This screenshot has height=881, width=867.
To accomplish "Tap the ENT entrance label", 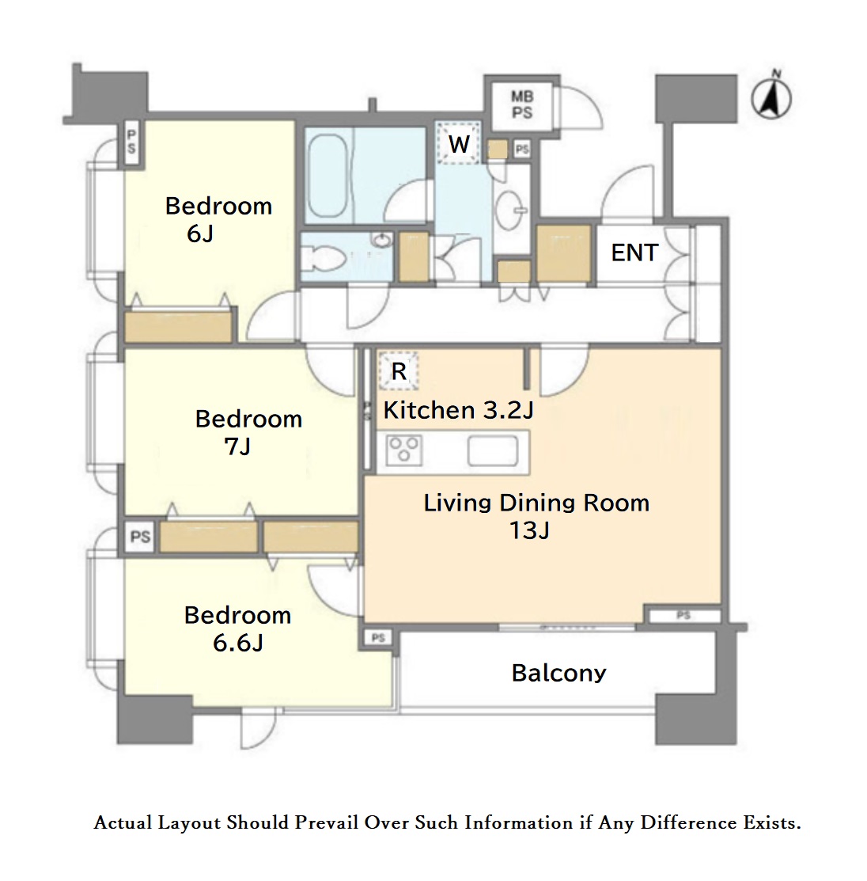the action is tap(634, 253).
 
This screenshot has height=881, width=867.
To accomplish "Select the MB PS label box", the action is tap(521, 105).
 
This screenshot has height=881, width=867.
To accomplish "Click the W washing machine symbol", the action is tap(458, 143).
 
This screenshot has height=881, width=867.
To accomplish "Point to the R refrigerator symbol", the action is tap(398, 370).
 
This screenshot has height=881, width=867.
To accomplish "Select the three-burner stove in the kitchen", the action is tap(404, 450).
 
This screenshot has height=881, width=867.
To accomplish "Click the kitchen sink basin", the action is tap(493, 450).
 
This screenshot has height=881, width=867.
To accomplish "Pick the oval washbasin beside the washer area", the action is tap(510, 210).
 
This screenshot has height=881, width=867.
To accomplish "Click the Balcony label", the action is tap(558, 673).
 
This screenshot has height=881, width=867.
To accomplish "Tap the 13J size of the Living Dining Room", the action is tap(529, 530).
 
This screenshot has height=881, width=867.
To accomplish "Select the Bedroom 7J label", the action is tap(248, 433).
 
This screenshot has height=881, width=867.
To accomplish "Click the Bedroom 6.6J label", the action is tap(237, 629).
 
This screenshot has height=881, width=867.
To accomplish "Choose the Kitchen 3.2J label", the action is tap(458, 410).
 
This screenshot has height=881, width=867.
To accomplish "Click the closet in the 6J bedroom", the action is tap(178, 327).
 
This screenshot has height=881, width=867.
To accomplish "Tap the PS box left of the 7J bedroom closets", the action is tap(140, 537).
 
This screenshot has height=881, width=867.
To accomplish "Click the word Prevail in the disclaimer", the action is tap(326, 822).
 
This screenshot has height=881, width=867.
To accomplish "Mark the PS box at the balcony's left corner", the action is tap(378, 637).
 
